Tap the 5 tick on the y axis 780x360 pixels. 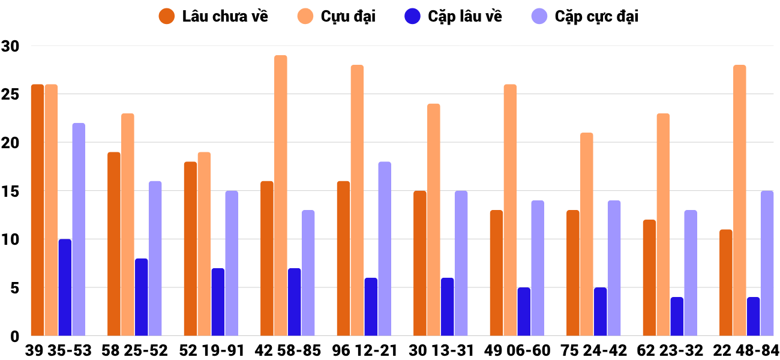14,288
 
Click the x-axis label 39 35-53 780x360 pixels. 58,350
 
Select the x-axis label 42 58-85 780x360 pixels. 287,350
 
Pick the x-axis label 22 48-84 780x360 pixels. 746,350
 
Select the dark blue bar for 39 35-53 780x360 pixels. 65,287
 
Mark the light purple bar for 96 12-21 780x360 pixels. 385,248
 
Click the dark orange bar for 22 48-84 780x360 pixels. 726,283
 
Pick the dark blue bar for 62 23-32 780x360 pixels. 677,316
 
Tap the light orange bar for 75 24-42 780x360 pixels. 586,234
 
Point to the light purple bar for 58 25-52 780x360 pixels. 155,258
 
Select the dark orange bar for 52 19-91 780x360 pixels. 191,248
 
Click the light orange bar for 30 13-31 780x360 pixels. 434,220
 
